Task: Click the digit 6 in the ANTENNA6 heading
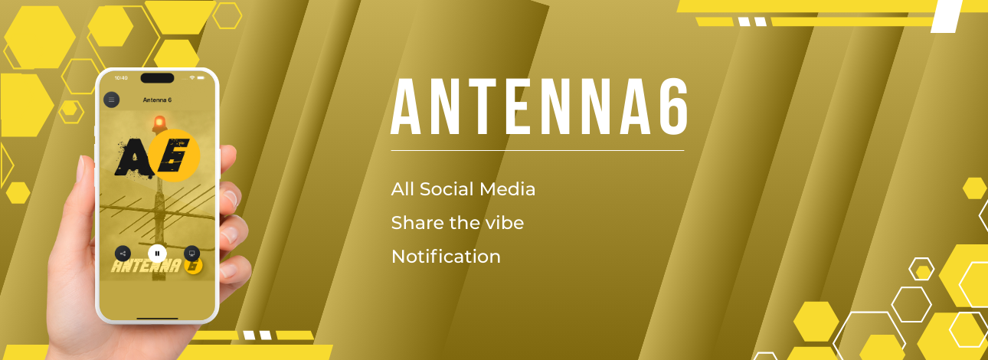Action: click(x=672, y=106)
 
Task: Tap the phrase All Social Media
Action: click(x=463, y=189)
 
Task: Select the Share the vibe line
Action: click(x=457, y=223)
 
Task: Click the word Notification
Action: click(x=446, y=257)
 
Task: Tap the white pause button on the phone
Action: click(x=158, y=254)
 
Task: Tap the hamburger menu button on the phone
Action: click(x=112, y=100)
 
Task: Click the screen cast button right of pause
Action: click(x=191, y=254)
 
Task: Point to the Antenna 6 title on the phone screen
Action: click(x=157, y=100)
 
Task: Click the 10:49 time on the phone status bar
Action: click(x=121, y=78)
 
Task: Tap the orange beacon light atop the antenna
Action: click(x=159, y=123)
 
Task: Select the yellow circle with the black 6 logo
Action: click(x=174, y=155)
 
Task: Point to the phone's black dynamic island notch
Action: click(x=158, y=78)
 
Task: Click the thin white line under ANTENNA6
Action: click(x=537, y=150)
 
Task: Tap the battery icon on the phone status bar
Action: click(x=201, y=77)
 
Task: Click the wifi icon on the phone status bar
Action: click(x=192, y=77)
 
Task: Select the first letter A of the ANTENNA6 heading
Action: click(x=406, y=106)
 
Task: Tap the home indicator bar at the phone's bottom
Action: click(x=158, y=318)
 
